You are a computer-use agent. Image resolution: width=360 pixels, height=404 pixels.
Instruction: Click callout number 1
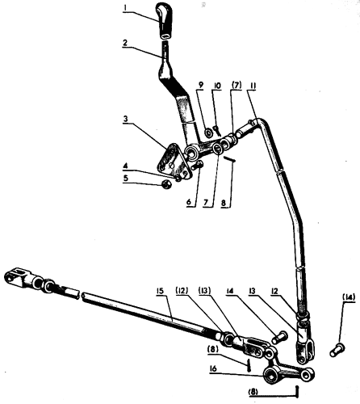click(125, 8)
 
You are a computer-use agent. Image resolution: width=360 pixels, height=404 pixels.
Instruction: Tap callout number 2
click(125, 43)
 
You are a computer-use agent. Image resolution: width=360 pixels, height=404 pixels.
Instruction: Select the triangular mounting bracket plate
click(174, 161)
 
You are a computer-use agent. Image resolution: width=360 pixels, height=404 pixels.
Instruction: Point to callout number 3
click(125, 119)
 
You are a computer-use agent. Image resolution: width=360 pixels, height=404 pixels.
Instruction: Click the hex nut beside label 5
click(166, 184)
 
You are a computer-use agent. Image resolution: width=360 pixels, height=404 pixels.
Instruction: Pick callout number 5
click(126, 178)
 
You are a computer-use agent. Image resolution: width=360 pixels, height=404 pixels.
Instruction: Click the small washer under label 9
click(208, 133)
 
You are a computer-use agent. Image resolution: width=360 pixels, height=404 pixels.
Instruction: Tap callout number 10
click(217, 86)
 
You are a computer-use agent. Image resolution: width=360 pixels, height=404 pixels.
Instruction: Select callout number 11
click(253, 86)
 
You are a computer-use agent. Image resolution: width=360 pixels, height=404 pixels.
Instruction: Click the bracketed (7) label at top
click(237, 86)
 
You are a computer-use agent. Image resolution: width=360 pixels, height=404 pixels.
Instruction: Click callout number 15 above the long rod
click(161, 291)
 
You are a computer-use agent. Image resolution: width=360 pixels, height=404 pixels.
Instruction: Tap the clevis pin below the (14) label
click(337, 350)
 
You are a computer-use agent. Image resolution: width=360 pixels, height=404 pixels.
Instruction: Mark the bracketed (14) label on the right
click(349, 297)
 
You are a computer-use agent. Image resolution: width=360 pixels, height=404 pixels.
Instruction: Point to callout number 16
click(213, 368)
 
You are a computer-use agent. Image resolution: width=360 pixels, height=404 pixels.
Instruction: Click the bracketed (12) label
click(182, 291)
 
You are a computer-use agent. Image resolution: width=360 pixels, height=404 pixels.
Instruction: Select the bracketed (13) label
click(204, 291)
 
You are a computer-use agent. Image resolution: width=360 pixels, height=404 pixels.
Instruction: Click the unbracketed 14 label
click(231, 291)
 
